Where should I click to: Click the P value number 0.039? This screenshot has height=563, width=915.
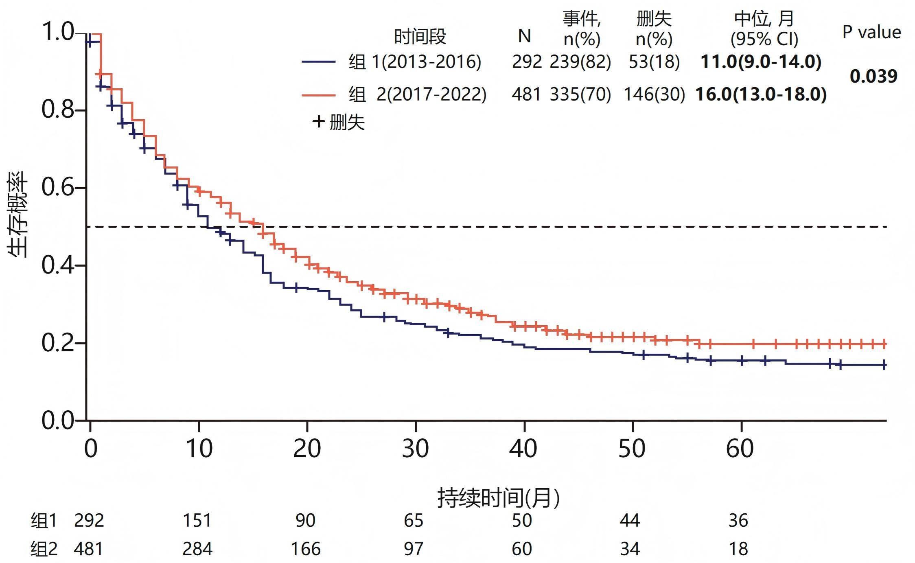tap(873, 77)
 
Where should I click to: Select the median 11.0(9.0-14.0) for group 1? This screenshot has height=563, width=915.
tap(761, 62)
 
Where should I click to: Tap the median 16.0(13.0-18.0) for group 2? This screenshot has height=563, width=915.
tap(761, 94)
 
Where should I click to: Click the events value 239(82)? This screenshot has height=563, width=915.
tap(580, 62)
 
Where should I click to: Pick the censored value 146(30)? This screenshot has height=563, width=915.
tap(654, 94)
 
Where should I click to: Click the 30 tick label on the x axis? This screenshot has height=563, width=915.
tap(415, 449)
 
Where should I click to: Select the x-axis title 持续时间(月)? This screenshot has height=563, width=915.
tap(499, 498)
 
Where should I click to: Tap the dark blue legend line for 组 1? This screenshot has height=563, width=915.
tap(319, 62)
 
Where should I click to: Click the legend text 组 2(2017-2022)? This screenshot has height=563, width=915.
tap(417, 94)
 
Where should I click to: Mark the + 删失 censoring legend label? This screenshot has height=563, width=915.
tap(339, 122)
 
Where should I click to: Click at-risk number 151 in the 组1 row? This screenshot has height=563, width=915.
tap(197, 521)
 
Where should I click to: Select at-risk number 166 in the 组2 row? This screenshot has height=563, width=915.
tap(305, 549)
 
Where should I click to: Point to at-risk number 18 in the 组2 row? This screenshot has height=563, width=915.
tap(738, 549)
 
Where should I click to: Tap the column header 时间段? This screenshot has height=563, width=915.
tap(420, 37)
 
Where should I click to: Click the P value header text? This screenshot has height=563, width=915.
tap(871, 33)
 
